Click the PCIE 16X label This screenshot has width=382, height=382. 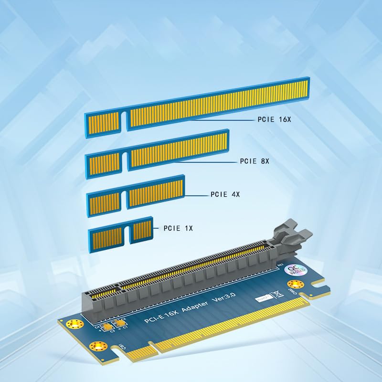coord(274,120)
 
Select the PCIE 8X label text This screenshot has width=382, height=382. coord(255,161)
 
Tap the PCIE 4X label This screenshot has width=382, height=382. coord(225,194)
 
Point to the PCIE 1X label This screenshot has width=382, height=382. coord(178,228)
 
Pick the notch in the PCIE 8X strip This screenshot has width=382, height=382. coord(124,162)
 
